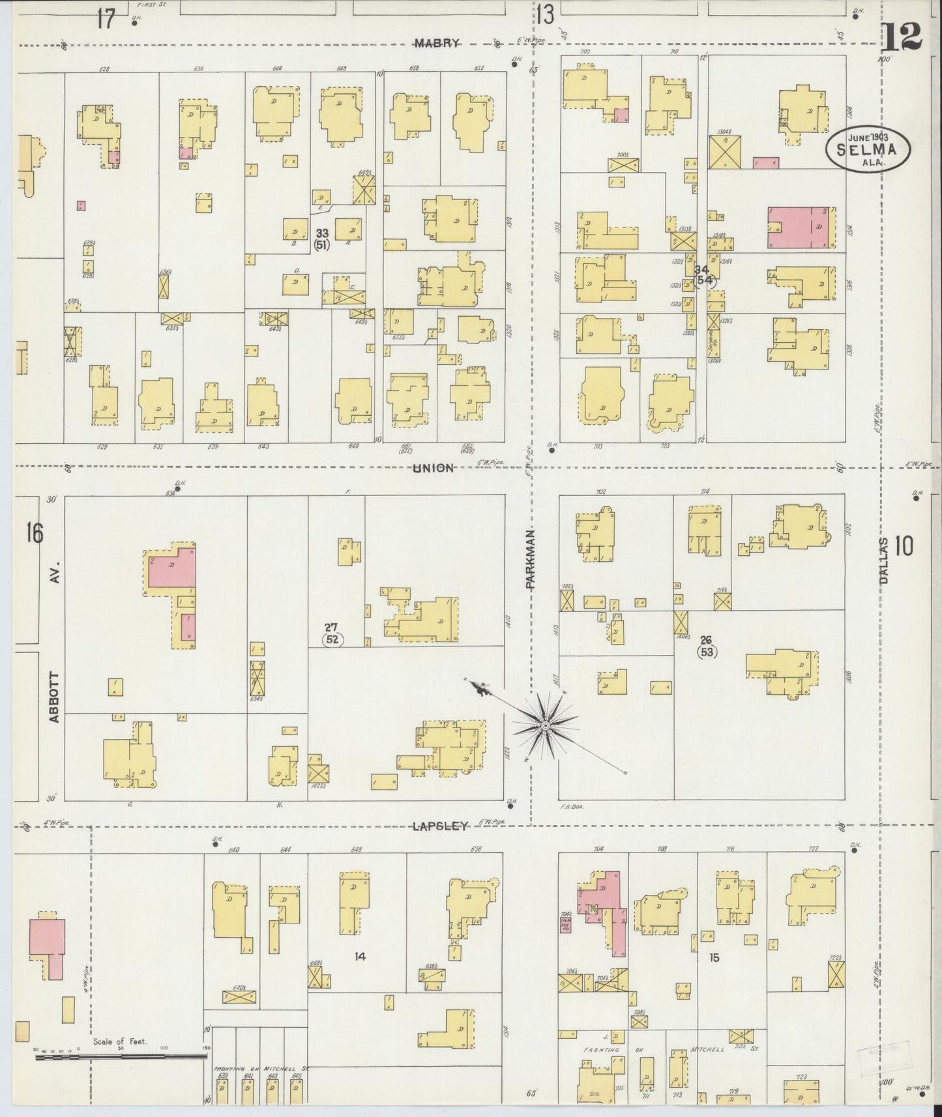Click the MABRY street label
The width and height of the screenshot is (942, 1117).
coord(437,43)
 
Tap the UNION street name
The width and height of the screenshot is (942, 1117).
coord(432,468)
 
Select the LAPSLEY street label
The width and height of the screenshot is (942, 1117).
coord(440,826)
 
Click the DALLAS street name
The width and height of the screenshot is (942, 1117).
coord(884,561)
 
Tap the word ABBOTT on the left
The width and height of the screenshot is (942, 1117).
coord(55,696)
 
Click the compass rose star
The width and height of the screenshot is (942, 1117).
coord(545,725)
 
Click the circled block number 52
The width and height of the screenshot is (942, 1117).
coord(332,639)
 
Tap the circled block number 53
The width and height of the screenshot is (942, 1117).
coord(707,651)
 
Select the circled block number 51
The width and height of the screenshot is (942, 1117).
coord(321,245)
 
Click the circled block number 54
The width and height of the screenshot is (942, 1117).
coord(704,281)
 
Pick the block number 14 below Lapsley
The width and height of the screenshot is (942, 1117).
coord(360,957)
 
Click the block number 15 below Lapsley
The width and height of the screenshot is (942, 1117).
coord(714,958)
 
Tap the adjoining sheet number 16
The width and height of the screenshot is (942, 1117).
coord(35,533)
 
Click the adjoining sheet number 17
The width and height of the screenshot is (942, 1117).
coord(106,19)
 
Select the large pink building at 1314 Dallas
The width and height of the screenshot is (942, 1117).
coord(801,227)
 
